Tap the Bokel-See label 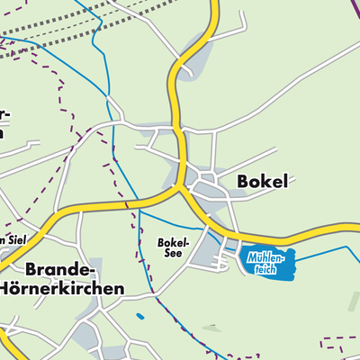pos(172,247)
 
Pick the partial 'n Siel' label pos(14,240)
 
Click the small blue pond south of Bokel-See pos(139,316)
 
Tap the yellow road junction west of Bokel pos(183,187)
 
